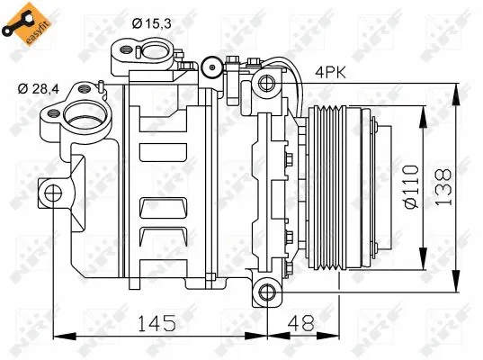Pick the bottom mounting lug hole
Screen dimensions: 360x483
point(264,291)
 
